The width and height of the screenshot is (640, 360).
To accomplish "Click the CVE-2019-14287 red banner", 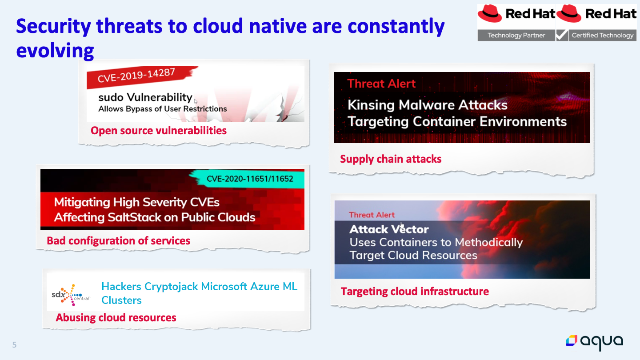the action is [x=140, y=76].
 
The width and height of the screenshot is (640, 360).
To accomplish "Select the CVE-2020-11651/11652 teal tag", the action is [x=248, y=179].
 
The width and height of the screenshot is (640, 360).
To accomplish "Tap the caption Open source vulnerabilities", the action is [x=159, y=131].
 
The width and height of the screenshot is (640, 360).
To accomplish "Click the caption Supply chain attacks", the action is [x=391, y=159].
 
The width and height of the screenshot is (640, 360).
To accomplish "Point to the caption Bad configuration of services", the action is [x=118, y=241].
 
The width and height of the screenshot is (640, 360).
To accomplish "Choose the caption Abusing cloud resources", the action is [x=116, y=318].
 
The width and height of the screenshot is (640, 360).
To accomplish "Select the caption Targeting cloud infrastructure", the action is [x=415, y=292].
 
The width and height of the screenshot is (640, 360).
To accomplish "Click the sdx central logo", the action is [x=71, y=295].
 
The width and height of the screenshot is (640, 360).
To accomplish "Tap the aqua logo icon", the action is [x=572, y=340].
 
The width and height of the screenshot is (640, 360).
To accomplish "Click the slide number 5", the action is [x=14, y=345].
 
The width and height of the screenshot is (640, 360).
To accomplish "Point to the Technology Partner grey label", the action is [x=516, y=35].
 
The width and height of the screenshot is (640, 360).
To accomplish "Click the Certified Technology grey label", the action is [x=602, y=35].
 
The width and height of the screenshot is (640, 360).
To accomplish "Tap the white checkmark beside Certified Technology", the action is [x=562, y=35].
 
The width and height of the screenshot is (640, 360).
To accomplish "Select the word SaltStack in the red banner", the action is [x=134, y=217].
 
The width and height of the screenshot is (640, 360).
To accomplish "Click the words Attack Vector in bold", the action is [x=389, y=229].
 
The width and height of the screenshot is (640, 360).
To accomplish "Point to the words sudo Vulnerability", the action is [x=145, y=97].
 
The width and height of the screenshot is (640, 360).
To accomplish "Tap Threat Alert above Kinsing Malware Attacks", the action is [x=381, y=84].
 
